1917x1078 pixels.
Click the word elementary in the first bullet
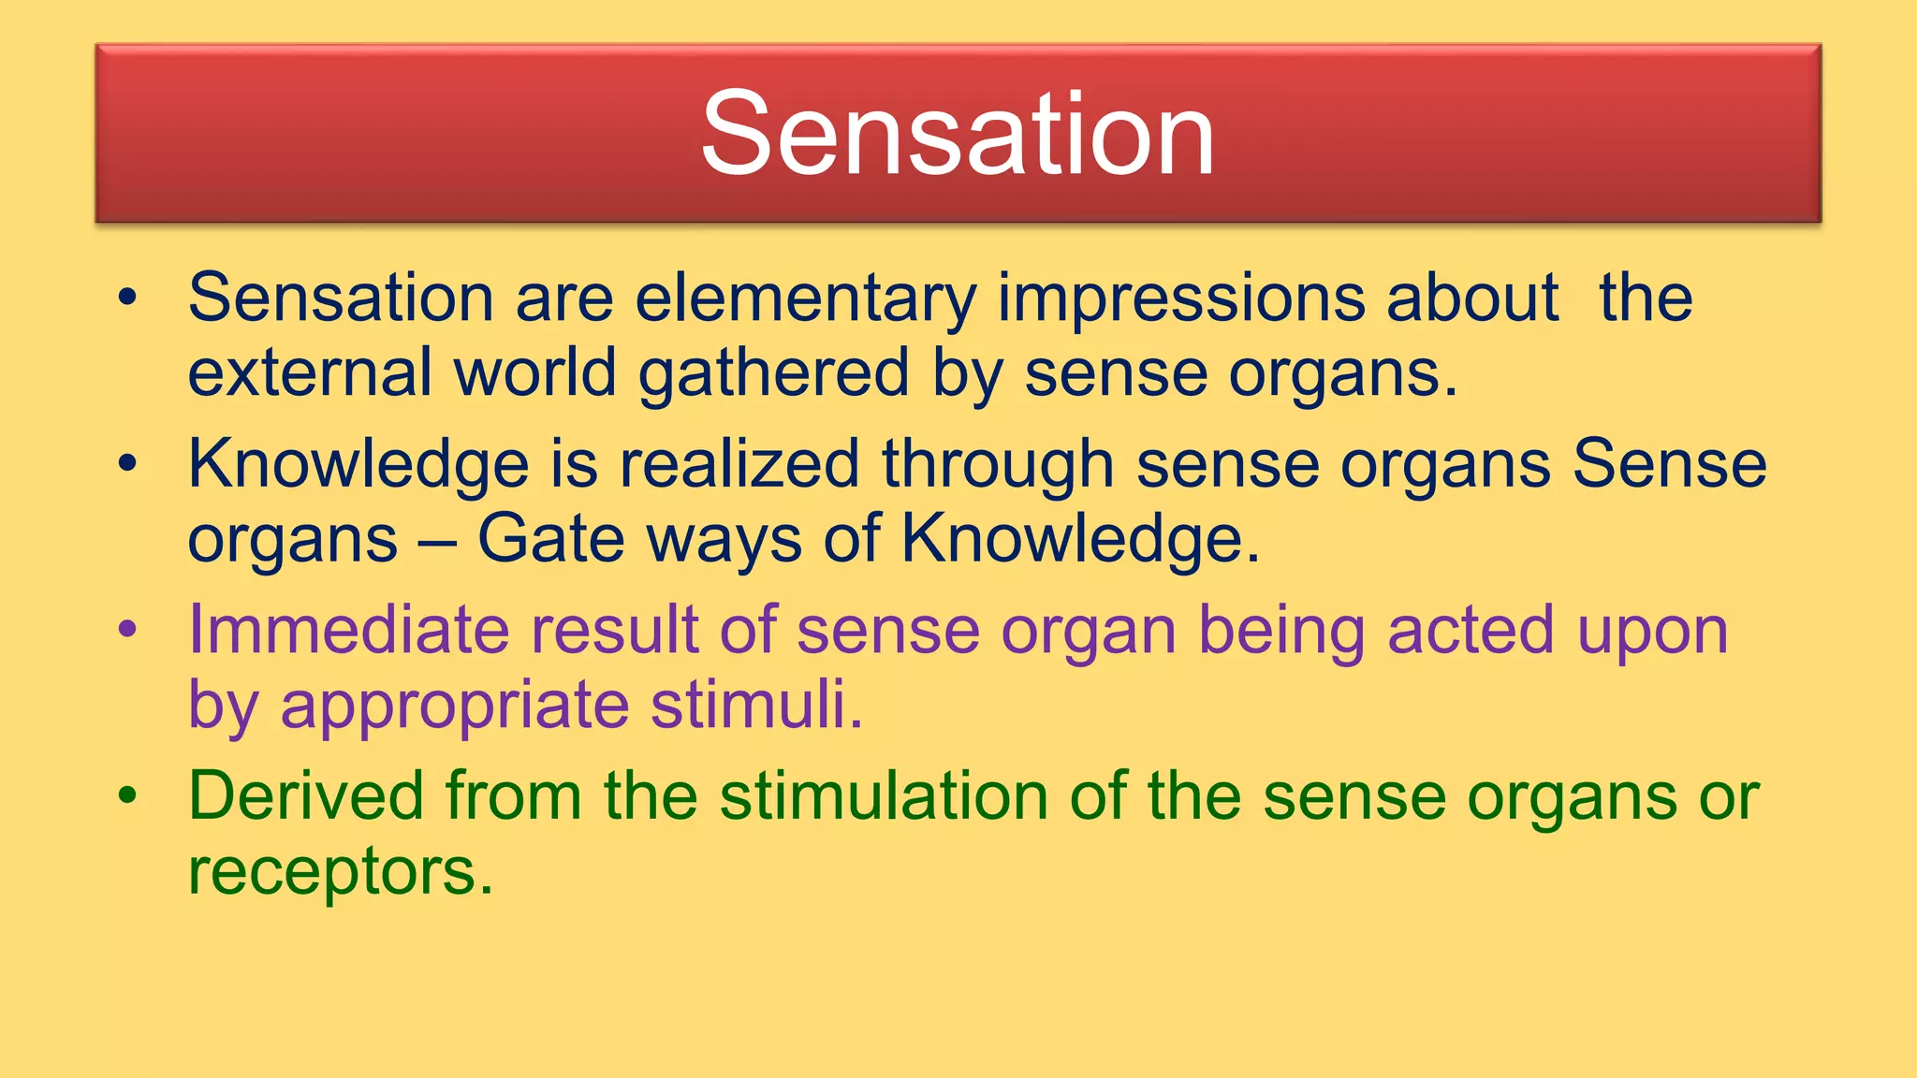click(x=805, y=299)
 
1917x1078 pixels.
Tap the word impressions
click(x=1180, y=299)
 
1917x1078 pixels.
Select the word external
click(x=309, y=372)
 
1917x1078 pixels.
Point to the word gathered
click(x=773, y=372)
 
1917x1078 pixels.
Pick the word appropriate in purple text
click(x=454, y=705)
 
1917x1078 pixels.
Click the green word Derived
click(x=306, y=796)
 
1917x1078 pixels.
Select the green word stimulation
click(x=883, y=796)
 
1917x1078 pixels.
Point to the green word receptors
click(x=339, y=871)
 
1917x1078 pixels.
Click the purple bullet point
click(x=128, y=630)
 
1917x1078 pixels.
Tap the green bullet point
click(x=128, y=796)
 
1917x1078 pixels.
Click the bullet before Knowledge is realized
click(x=128, y=464)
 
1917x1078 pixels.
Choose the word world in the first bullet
click(x=534, y=372)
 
